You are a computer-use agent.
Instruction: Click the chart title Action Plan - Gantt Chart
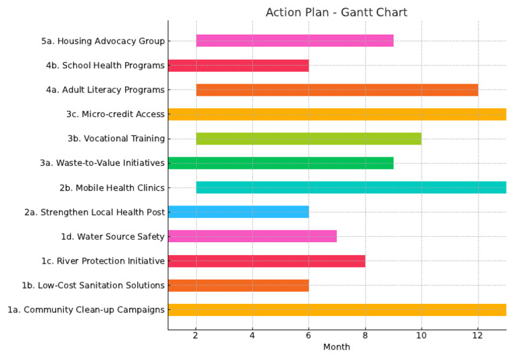pos(336,12)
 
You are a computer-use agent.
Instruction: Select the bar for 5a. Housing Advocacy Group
pos(294,41)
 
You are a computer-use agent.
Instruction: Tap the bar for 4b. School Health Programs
pos(238,66)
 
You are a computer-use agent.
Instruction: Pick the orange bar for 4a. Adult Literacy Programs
pos(337,90)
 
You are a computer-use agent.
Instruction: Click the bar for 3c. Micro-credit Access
pos(337,114)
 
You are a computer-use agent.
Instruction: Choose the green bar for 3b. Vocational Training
pos(309,139)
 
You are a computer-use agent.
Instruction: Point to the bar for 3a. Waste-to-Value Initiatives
pos(280,163)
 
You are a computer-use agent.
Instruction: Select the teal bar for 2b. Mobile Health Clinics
pos(351,187)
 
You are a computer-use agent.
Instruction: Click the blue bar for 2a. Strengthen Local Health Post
pos(238,212)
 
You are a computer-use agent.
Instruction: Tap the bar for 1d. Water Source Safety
pos(252,236)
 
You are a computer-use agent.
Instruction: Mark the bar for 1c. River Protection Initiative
pos(266,261)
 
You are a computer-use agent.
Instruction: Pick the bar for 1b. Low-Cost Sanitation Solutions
pos(238,285)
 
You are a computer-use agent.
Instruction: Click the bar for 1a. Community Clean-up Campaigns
pos(337,310)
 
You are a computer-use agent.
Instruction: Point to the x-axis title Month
pos(337,347)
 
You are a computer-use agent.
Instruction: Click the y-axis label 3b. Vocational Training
pos(116,139)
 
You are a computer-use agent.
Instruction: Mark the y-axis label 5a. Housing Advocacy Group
pos(102,41)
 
